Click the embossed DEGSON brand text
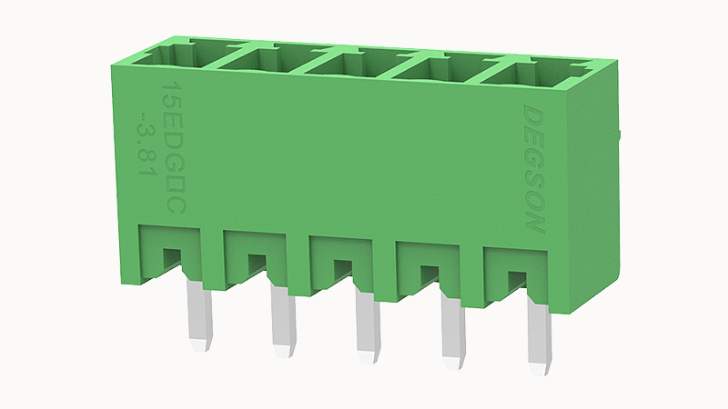[534, 169]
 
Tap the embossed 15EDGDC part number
[173, 148]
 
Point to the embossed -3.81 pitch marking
[146, 148]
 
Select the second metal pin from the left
[283, 321]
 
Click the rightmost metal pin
[541, 335]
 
